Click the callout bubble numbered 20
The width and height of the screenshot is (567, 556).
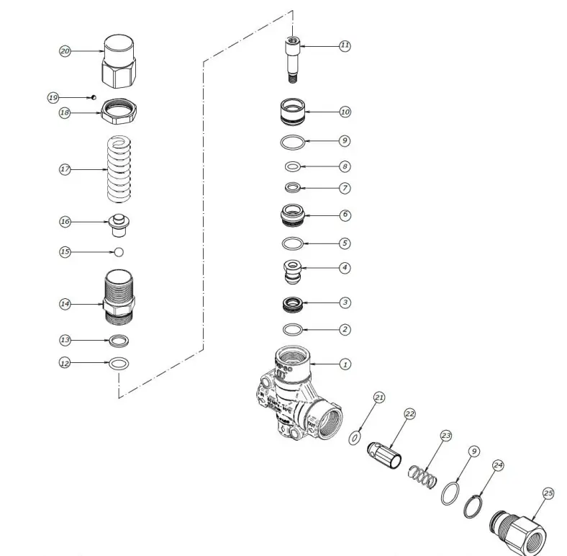[x=65, y=51]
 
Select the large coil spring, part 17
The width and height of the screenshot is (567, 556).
[x=119, y=169]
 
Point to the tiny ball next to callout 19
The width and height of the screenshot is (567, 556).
[x=94, y=97]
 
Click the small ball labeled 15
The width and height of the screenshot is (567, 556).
[x=119, y=251]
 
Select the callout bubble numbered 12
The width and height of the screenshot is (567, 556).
[x=65, y=364]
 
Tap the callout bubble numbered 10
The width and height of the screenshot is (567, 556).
[x=345, y=112]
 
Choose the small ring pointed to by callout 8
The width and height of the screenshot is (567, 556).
[x=293, y=167]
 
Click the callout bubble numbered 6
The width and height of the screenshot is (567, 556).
[x=345, y=215]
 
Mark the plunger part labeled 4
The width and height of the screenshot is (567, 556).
[x=293, y=272]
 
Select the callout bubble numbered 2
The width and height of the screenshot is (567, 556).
[x=345, y=329]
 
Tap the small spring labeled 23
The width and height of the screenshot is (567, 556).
[x=422, y=477]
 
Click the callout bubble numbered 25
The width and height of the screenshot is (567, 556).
[x=548, y=493]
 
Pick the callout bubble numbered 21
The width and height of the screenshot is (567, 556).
[x=379, y=397]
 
